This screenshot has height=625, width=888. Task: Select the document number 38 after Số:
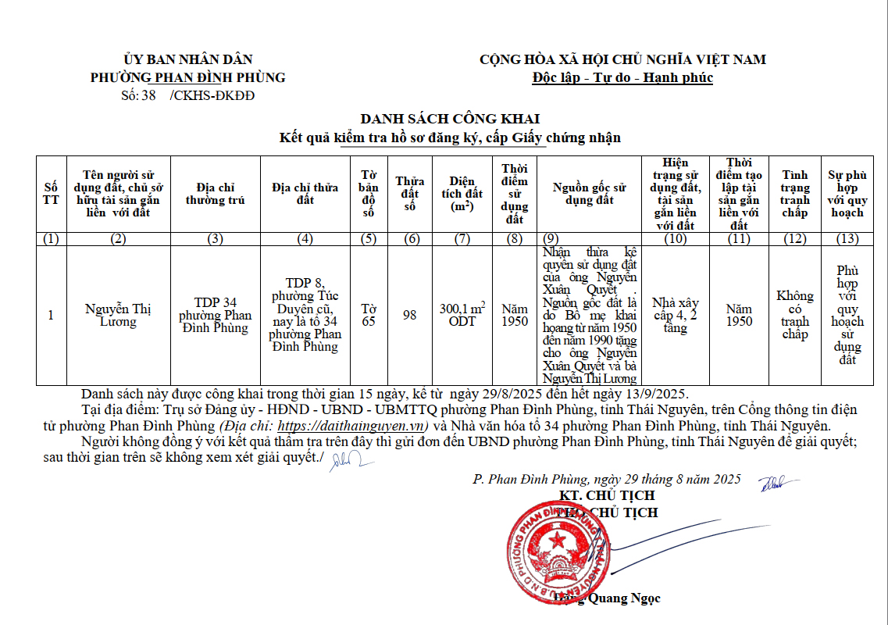[x=149, y=96]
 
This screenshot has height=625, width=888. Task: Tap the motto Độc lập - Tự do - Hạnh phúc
[x=622, y=77]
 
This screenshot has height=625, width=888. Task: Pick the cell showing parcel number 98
[x=409, y=315]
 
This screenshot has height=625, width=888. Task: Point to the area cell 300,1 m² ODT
[x=462, y=315]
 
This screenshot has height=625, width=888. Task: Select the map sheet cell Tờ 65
[x=368, y=315]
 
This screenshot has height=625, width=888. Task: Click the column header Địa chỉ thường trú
[x=215, y=194]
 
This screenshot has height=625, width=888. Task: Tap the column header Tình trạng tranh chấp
[x=794, y=194]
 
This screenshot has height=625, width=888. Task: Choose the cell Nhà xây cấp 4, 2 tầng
[x=676, y=315]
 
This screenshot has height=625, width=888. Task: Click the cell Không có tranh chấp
[x=794, y=315]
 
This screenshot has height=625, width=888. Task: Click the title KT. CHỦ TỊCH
[x=607, y=495]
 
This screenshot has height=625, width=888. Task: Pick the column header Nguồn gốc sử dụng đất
[x=590, y=194]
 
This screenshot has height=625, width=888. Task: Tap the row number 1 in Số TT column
[x=52, y=315]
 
